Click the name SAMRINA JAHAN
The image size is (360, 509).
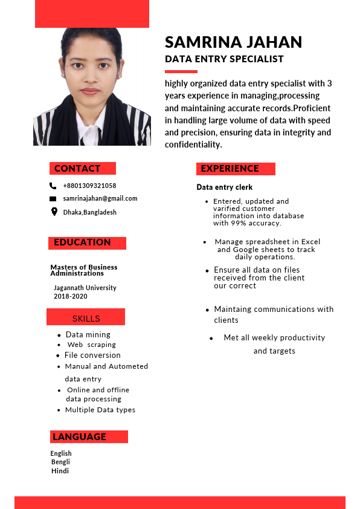click(x=233, y=42)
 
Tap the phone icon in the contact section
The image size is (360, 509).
click(x=53, y=186)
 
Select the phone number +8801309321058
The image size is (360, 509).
click(x=89, y=186)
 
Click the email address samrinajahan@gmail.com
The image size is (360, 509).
click(x=100, y=198)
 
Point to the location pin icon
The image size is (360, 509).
click(x=53, y=212)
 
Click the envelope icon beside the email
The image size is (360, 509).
click(x=53, y=199)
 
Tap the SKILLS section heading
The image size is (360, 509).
click(x=86, y=318)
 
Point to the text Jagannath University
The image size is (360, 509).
click(x=85, y=288)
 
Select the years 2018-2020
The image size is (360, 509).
click(x=70, y=296)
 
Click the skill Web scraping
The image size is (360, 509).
click(x=91, y=345)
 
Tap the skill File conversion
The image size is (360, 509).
click(x=92, y=355)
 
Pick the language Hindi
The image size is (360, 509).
click(x=60, y=470)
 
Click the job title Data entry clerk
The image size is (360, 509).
click(x=224, y=187)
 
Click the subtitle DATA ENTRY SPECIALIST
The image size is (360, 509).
click(x=224, y=59)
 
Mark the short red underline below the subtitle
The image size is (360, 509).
click(x=181, y=71)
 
